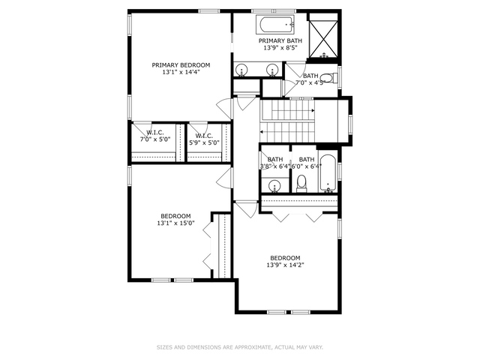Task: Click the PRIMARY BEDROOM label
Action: tap(181, 65)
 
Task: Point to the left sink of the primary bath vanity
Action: tap(242, 70)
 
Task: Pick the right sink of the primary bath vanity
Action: tap(271, 70)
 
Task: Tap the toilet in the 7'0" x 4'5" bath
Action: tap(333, 77)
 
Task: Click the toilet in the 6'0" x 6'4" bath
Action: tap(301, 182)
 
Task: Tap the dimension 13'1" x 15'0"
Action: tap(175, 223)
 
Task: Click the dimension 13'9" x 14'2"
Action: tap(285, 265)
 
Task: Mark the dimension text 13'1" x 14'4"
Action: tap(181, 73)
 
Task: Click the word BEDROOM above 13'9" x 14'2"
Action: tap(285, 257)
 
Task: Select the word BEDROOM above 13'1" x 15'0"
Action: tap(175, 216)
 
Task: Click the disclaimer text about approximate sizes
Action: tap(240, 347)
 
